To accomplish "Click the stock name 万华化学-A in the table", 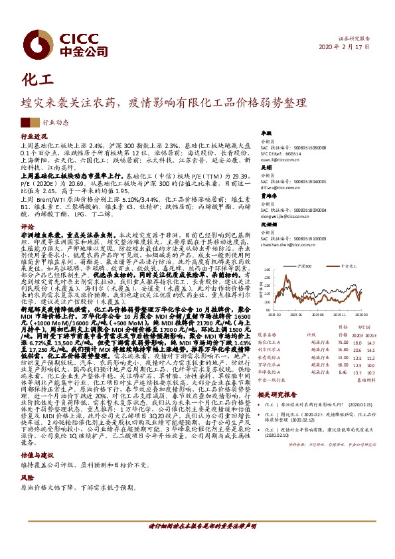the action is point(272,364).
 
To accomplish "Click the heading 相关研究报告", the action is point(279,394).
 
